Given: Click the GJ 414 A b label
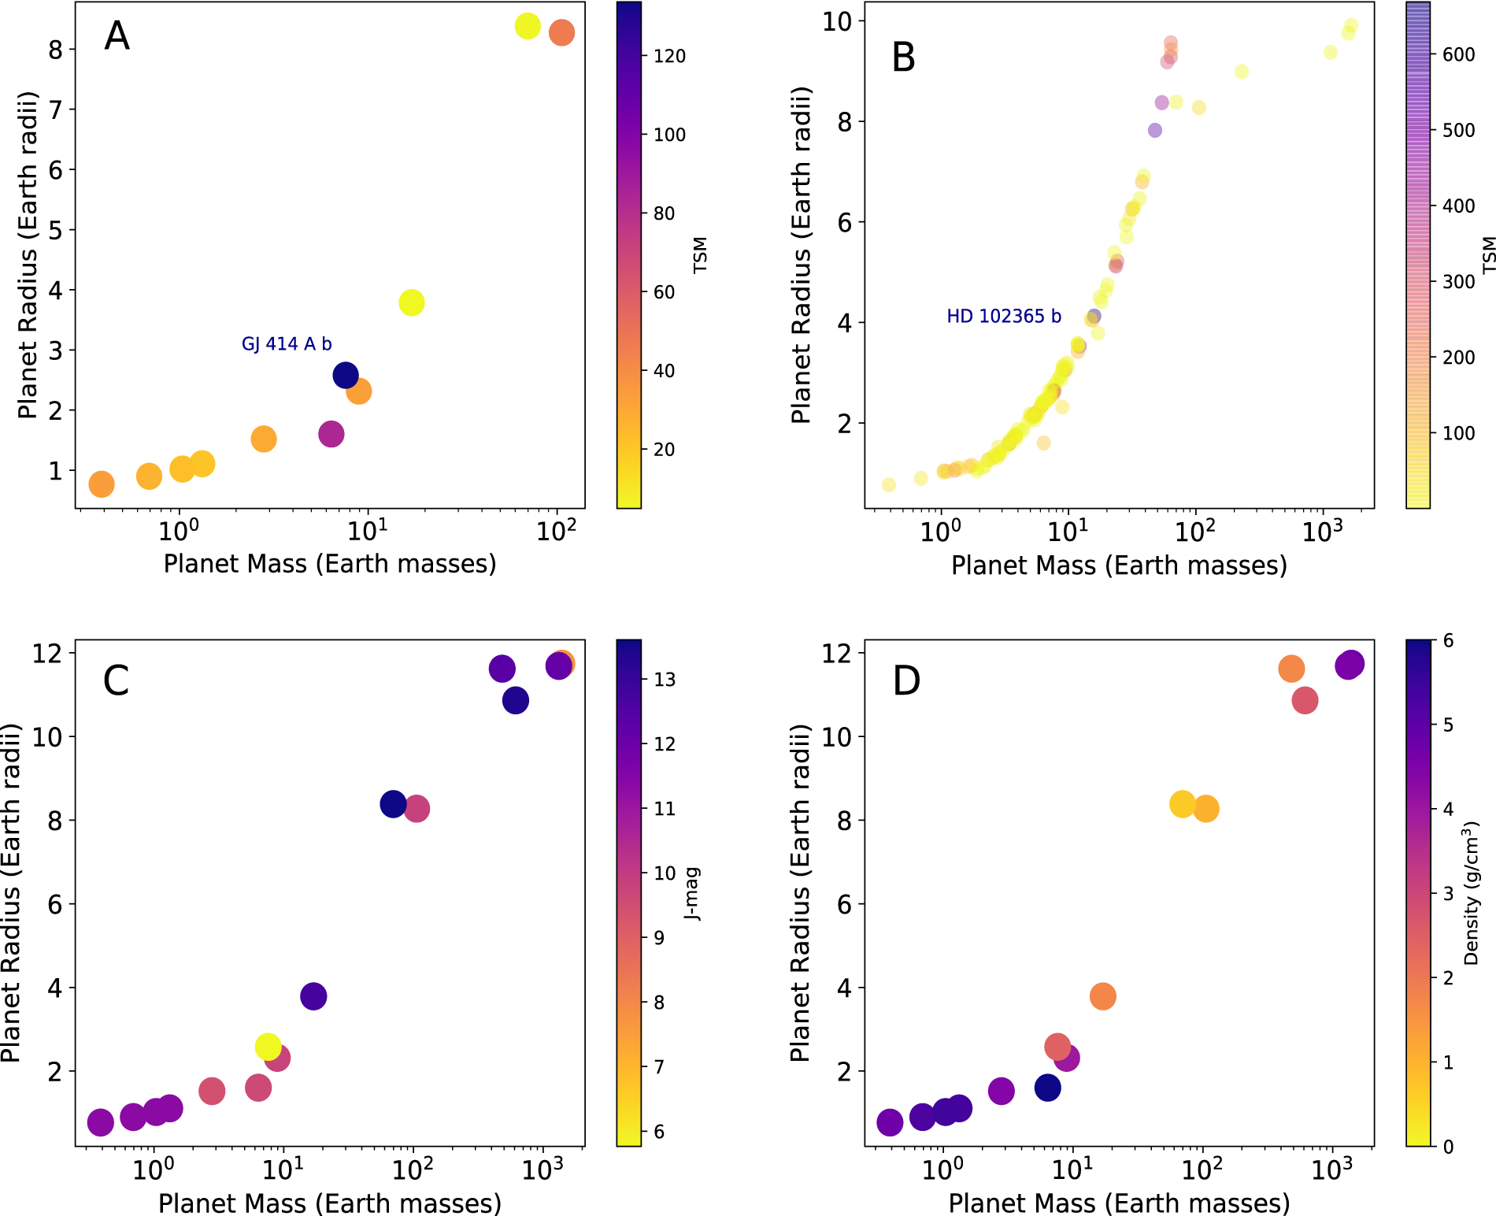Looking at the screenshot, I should (x=287, y=344).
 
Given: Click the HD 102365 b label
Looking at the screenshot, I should (x=1003, y=317).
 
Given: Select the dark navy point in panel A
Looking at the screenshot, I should (x=346, y=375).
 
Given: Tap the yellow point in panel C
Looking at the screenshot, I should (x=268, y=1047).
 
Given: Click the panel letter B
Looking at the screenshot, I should (x=903, y=57).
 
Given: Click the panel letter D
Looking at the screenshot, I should (x=906, y=680).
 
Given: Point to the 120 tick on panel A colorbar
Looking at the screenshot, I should (x=668, y=56).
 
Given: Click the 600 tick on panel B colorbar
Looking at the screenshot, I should (x=1458, y=54).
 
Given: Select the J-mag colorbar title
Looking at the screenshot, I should (x=692, y=893).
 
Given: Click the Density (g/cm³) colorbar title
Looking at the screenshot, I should (x=1471, y=893).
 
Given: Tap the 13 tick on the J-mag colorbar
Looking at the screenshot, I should (x=664, y=680).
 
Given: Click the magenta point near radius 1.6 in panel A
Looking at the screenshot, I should (x=331, y=434).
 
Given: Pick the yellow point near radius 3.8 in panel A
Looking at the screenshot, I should (x=411, y=302).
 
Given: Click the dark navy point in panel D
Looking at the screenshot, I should (x=1047, y=1088).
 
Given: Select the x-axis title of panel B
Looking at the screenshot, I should (x=1119, y=565).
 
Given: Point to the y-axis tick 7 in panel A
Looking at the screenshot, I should (x=55, y=109).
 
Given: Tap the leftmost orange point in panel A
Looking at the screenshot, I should (x=102, y=484).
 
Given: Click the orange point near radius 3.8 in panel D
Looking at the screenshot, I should (x=1102, y=996).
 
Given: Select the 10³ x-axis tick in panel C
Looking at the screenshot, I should (x=542, y=1170).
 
